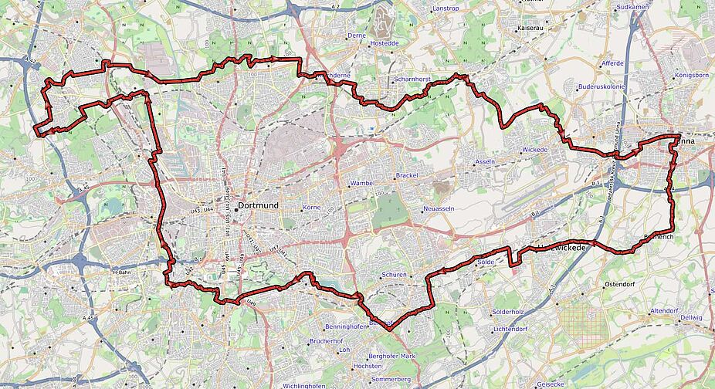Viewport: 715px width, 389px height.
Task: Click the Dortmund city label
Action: (259, 206)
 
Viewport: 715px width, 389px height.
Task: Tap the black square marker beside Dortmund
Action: (236, 206)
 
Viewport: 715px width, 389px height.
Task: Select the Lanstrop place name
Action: (446, 8)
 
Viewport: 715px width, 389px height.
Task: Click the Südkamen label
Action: (630, 8)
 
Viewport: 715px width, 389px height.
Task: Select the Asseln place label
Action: (485, 162)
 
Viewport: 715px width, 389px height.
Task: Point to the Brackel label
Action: (406, 176)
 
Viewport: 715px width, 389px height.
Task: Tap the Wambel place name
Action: (362, 183)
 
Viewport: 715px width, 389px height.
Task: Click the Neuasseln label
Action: (439, 209)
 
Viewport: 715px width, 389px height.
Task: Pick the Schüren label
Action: (394, 275)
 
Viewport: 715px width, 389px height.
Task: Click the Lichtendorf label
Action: (510, 329)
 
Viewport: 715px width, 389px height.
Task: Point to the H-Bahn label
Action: (123, 272)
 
